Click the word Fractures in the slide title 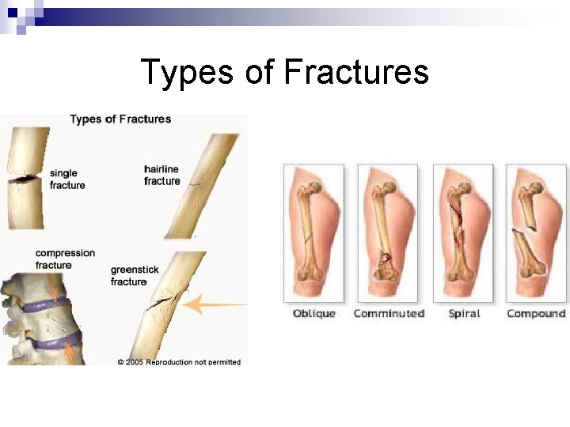(x=355, y=72)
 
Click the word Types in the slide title (x=188, y=72)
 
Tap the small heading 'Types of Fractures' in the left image (x=120, y=119)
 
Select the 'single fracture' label (x=67, y=179)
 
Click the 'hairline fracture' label (x=161, y=176)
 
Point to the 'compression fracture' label (x=65, y=259)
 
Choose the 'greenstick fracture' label (x=134, y=276)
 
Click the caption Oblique (x=314, y=314)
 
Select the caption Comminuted (x=389, y=314)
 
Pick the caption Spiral (x=464, y=314)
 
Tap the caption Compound (x=536, y=314)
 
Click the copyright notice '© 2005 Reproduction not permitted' (x=179, y=362)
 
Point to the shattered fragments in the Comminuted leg (x=386, y=259)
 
